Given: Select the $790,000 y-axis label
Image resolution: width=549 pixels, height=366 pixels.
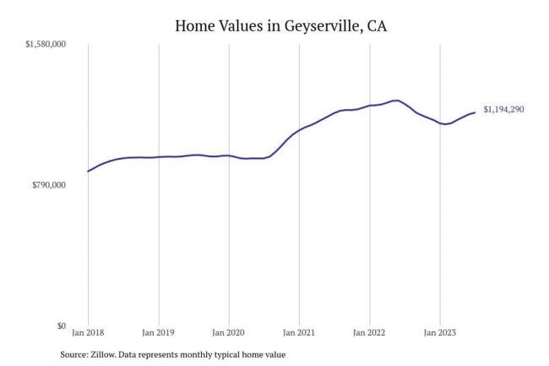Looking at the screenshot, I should point(51,185).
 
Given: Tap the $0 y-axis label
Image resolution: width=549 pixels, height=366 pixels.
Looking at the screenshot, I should point(60,326).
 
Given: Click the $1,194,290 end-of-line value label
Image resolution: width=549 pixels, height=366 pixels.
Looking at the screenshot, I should point(503,110).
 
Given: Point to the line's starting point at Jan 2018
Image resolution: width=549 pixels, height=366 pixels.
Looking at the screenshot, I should point(88,172).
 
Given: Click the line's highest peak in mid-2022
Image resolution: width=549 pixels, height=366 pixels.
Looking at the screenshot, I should point(396,101).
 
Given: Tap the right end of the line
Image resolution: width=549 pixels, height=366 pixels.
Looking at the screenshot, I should point(475,112).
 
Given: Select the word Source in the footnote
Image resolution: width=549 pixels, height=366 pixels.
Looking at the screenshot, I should point(75,355).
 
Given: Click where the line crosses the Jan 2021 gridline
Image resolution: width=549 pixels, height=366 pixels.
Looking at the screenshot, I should point(299,130).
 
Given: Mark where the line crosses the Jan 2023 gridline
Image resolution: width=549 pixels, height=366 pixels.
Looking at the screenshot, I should point(439,123).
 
